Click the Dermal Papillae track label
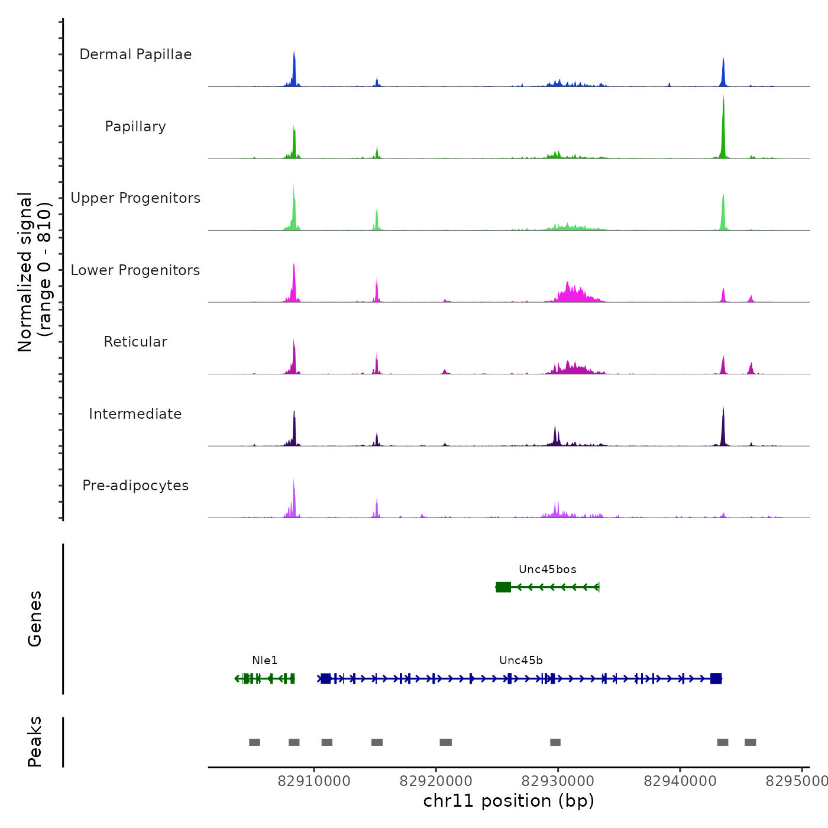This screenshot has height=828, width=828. [135, 54]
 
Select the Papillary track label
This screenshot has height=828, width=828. [135, 127]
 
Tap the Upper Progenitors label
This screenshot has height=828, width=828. [135, 198]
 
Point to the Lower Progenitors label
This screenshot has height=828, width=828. [135, 270]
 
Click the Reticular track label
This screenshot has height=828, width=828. [135, 342]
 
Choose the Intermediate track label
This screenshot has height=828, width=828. [135, 414]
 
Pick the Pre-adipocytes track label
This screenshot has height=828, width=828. [135, 486]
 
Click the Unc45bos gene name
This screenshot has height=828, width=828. [548, 570]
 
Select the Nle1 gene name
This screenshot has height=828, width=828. [264, 661]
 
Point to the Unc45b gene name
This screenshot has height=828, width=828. [521, 661]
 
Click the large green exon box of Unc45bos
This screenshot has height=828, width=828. [503, 587]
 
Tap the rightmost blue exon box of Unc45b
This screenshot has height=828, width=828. [716, 678]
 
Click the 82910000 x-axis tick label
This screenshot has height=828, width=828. [314, 781]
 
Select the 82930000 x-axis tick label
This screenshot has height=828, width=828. [558, 781]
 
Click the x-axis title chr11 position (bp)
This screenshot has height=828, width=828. [509, 801]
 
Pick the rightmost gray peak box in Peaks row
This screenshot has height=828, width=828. [750, 742]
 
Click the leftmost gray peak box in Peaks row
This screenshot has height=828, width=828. [254, 742]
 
